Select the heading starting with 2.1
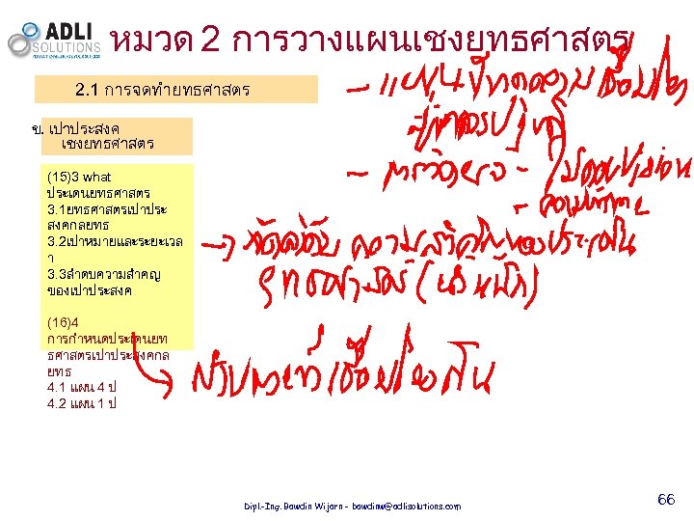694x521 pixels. pos(163,91)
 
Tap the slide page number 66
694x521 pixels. pos(665,499)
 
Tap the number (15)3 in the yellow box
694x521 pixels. pos(63,178)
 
